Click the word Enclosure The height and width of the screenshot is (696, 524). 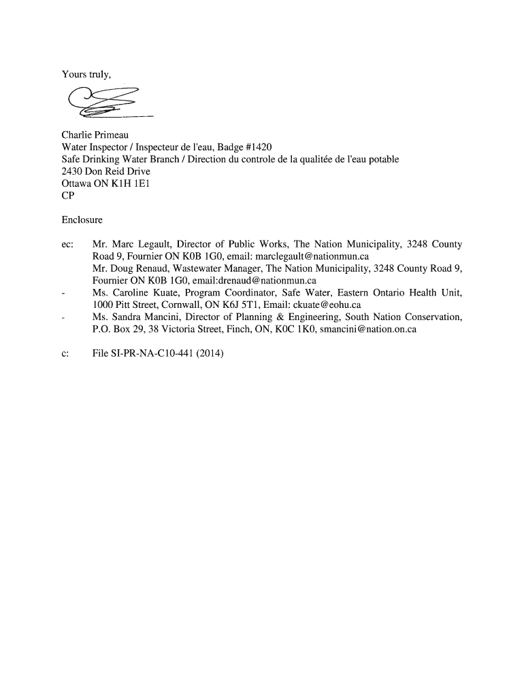click(x=82, y=220)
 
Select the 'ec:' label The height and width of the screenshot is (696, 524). click(x=67, y=244)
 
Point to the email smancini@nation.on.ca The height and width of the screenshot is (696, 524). click(x=368, y=329)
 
